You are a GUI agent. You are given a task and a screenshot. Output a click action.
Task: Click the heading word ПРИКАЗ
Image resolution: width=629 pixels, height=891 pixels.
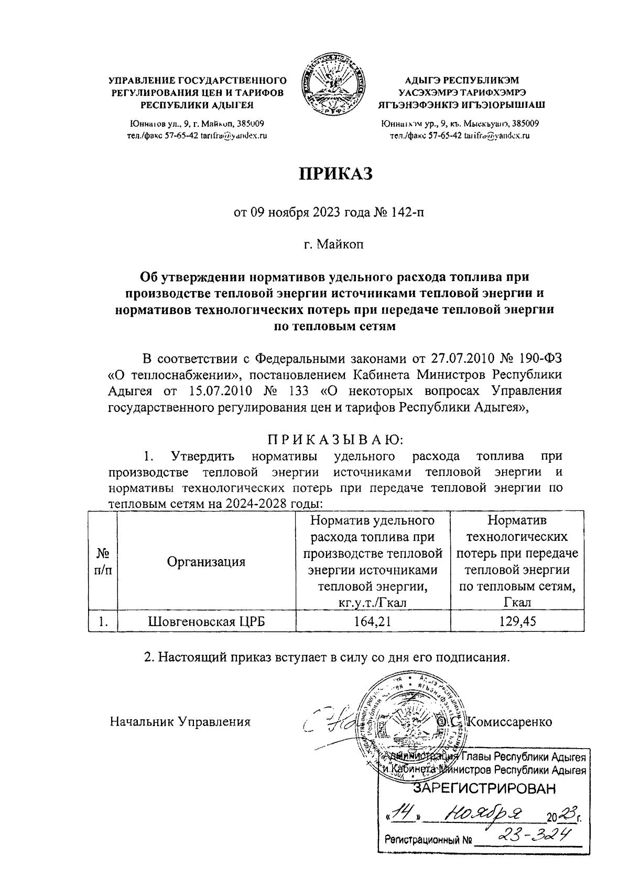point(335,173)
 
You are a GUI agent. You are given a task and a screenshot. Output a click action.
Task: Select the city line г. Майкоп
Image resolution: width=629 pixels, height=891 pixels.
point(335,244)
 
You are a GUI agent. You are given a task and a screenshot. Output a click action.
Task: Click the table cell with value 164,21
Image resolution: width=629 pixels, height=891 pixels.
point(373,621)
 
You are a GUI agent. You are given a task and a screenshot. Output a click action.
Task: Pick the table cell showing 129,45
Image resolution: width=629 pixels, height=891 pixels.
point(517,621)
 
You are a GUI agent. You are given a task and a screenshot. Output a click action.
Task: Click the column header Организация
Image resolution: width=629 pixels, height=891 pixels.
point(207,562)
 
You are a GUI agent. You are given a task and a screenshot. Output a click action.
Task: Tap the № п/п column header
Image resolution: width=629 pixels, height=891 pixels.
point(103,562)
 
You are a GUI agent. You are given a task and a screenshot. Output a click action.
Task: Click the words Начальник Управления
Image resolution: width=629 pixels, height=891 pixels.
point(180,722)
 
